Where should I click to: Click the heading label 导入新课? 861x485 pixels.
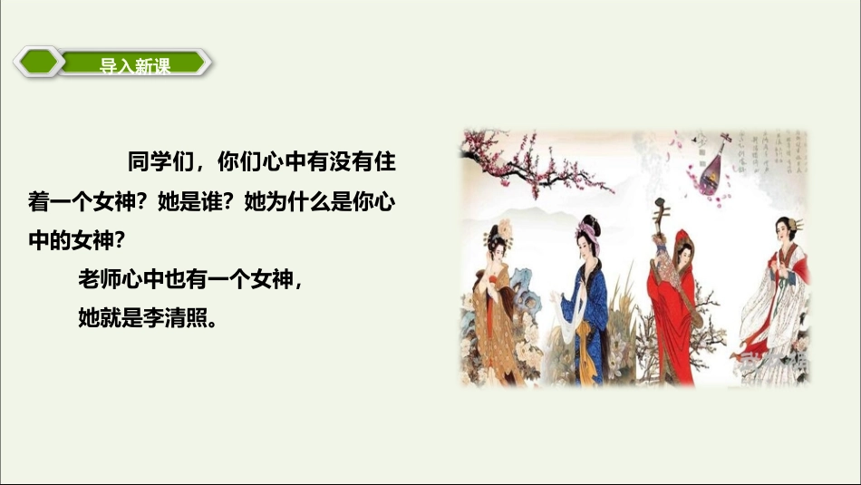(135, 64)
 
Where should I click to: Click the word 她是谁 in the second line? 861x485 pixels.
(187, 202)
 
